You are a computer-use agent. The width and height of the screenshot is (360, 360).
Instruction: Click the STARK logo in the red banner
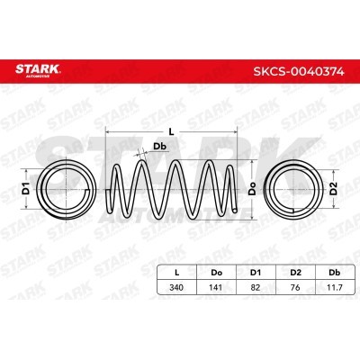[x=38, y=70]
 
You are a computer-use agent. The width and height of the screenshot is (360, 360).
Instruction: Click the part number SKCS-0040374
[x=299, y=71]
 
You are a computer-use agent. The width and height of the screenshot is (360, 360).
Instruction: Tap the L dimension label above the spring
[x=171, y=131]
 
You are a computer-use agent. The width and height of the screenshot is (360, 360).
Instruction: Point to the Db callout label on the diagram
[x=160, y=147]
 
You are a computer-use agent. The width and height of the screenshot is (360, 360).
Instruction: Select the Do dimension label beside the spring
[x=253, y=188]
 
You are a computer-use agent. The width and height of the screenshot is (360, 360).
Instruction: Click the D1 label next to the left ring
[x=26, y=188]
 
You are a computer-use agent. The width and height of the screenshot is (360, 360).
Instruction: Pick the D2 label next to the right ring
[x=334, y=188]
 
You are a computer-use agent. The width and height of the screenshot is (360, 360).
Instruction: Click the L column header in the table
[x=177, y=273]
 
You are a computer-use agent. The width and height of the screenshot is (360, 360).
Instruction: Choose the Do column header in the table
[x=216, y=273]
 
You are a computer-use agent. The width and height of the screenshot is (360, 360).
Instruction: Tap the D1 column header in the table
[x=256, y=273]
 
